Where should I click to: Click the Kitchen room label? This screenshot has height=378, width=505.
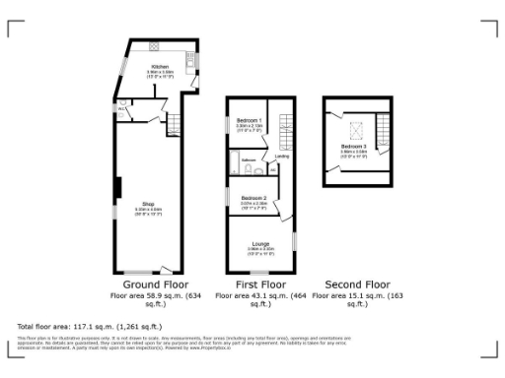(160, 67)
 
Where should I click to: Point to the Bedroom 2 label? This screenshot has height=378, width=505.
(253, 199)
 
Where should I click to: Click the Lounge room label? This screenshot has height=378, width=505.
(260, 245)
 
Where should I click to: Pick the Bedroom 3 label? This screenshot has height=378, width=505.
(353, 146)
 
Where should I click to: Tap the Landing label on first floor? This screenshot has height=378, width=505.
(281, 156)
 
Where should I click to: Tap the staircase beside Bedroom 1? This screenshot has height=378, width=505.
(287, 126)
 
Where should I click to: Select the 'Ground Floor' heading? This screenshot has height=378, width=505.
(156, 283)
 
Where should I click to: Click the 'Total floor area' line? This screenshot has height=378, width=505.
(89, 326)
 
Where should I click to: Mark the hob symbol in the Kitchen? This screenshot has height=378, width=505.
(155, 46)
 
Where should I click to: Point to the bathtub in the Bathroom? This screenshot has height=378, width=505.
(234, 161)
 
